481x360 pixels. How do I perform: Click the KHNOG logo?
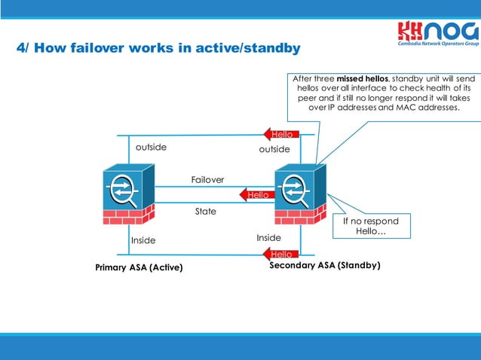(x=438, y=34)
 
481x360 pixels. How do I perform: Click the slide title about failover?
(x=158, y=48)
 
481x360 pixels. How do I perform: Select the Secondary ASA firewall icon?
(x=301, y=192)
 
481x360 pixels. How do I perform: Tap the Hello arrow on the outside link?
(x=280, y=134)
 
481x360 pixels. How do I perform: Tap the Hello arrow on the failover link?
(x=256, y=194)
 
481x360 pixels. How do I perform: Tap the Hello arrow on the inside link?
(x=280, y=255)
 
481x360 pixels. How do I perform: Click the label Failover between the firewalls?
(x=207, y=179)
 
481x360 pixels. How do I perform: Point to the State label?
(x=205, y=212)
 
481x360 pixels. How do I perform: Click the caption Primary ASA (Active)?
(x=139, y=267)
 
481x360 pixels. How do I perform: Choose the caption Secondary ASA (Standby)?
(x=325, y=265)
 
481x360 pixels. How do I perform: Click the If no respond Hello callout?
(x=370, y=226)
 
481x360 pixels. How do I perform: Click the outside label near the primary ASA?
(x=151, y=147)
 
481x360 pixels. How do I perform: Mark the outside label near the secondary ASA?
(x=274, y=149)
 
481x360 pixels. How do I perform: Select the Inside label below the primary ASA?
(x=143, y=240)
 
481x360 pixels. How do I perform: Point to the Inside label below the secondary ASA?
(x=268, y=238)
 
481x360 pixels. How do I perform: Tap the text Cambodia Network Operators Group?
(x=438, y=44)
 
